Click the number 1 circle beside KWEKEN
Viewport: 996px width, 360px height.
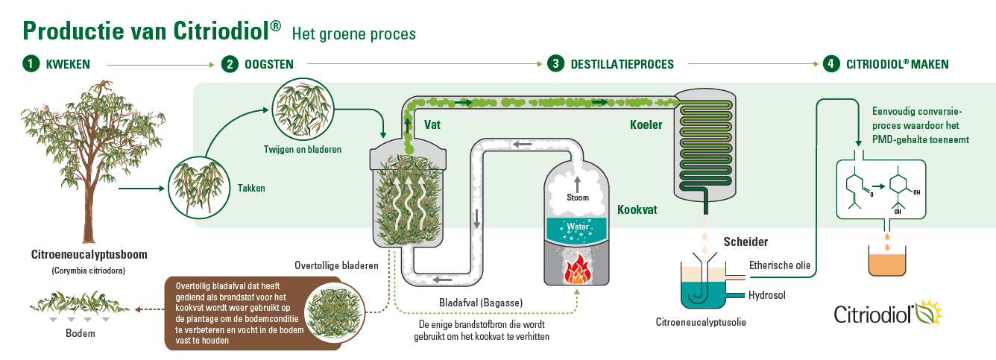[31, 64]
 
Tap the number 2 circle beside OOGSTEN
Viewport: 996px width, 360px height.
[230, 64]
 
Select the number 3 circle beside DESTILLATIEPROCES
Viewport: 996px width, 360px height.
[555, 64]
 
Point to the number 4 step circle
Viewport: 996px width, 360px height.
[830, 64]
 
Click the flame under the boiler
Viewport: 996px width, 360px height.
[576, 270]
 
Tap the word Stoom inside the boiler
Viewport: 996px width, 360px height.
[576, 198]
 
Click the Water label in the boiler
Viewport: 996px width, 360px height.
[576, 226]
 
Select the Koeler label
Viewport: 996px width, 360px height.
[646, 124]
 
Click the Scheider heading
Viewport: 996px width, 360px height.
[745, 241]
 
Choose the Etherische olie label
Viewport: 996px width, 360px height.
[779, 265]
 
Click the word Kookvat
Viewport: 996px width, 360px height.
[637, 210]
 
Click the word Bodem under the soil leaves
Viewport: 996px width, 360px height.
[81, 332]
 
